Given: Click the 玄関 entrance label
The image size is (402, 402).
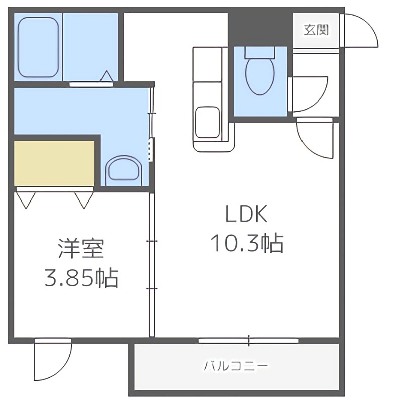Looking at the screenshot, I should [x=316, y=29].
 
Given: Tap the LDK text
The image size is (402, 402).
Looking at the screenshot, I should [x=246, y=215].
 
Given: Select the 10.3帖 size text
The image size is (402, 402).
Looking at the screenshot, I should [x=246, y=244].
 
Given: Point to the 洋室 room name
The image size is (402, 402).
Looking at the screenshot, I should [x=81, y=249].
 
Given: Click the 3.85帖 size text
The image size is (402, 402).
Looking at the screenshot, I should [x=81, y=278].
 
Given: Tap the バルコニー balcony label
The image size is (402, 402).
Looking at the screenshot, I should [x=236, y=365].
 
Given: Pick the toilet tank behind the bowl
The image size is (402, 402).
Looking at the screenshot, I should [x=260, y=52].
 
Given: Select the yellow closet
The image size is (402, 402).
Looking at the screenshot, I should [x=54, y=163].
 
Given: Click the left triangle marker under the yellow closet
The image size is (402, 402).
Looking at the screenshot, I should [x=26, y=199].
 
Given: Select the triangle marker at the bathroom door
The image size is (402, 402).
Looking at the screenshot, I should [x=107, y=76].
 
